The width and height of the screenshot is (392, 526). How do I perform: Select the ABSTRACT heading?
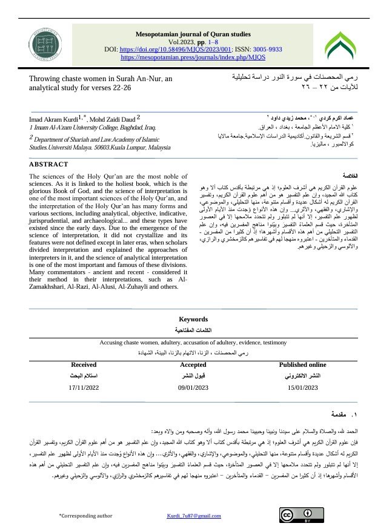tap(49, 164)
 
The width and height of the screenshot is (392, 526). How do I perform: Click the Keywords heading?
tap(194, 319)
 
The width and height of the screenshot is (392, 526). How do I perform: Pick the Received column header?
tap(84, 365)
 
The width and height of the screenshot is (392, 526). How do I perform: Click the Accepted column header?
tap(193, 365)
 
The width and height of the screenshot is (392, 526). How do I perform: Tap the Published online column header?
tap(302, 365)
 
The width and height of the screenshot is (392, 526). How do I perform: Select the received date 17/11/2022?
tap(84, 386)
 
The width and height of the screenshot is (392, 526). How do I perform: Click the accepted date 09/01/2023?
tap(193, 386)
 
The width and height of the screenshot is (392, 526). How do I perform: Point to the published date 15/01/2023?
tap(302, 386)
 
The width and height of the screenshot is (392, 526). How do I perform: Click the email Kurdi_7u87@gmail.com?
tap(194, 515)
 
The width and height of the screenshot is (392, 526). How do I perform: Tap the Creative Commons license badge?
tap(296, 515)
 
